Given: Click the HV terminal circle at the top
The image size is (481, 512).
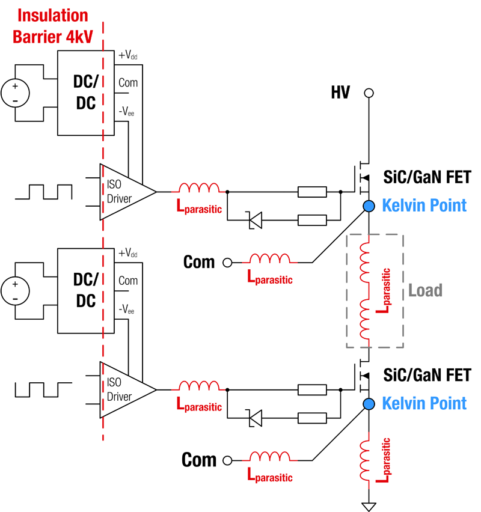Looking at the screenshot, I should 369,93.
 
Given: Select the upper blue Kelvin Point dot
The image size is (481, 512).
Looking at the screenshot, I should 369,207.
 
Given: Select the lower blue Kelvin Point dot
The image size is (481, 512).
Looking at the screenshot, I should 369,403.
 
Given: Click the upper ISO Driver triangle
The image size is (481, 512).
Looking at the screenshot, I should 124,192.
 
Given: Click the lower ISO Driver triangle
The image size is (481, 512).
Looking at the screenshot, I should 124,389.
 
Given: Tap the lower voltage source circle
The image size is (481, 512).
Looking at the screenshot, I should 15,291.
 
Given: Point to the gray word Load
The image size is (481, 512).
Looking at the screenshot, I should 425,290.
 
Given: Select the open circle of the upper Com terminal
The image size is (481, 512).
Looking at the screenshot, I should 227,263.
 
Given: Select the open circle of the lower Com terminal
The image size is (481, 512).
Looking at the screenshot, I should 227,460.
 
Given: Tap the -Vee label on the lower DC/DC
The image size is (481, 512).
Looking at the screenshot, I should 126,309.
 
